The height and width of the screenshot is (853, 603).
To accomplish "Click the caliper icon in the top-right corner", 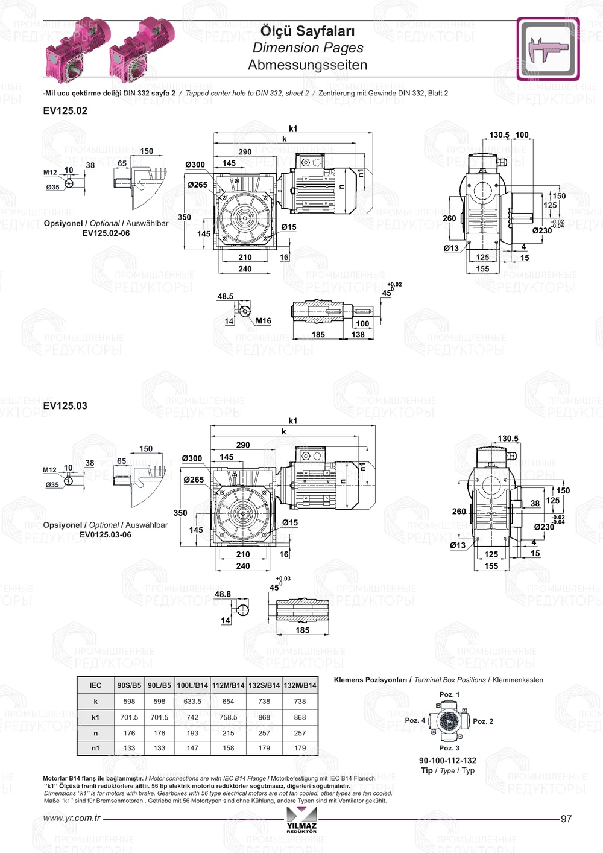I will [548, 49].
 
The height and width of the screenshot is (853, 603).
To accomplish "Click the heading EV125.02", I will [65, 111].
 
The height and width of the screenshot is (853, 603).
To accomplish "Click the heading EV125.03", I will [65, 406].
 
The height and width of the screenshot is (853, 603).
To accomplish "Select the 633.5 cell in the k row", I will [192, 702].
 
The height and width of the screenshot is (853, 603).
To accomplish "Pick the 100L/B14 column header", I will [192, 685].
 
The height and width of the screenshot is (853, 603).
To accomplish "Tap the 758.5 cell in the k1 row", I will [228, 718].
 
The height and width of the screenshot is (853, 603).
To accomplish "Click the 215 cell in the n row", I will [228, 734].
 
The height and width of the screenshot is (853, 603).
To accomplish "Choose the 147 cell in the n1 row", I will [192, 748].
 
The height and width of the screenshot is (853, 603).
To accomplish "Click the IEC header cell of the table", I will [95, 685].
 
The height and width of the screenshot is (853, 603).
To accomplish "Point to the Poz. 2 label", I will [483, 721].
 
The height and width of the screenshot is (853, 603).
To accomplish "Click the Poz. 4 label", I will [415, 720].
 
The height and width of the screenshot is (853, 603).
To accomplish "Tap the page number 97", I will [566, 819].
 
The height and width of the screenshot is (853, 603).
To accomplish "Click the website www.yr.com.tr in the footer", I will [72, 819].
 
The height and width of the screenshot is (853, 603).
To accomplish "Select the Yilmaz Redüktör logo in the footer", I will [301, 820].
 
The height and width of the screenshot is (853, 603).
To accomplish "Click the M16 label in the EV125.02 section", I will [263, 321].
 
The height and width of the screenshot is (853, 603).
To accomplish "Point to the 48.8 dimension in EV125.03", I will [223, 594].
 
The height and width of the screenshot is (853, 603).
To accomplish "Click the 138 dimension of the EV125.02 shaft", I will [358, 335].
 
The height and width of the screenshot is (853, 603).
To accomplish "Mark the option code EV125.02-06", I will [106, 233].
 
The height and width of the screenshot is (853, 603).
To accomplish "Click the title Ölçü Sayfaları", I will [308, 31].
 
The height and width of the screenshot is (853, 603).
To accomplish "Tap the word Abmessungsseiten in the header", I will [308, 65].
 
